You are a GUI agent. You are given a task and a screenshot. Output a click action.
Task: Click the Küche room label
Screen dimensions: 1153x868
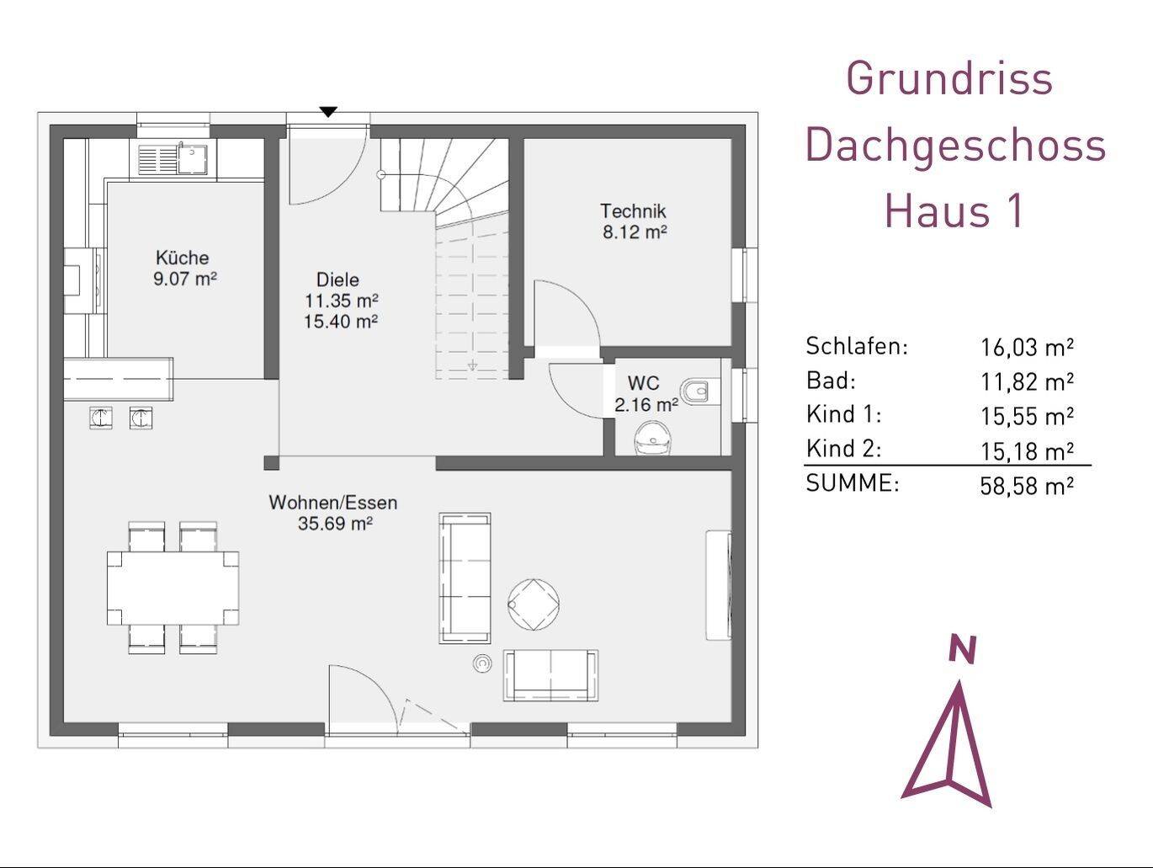coord(183,258)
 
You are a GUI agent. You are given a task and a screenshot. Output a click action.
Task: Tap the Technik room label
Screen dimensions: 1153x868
coord(633,210)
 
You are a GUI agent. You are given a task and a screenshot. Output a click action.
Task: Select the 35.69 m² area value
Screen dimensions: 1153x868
coord(335,524)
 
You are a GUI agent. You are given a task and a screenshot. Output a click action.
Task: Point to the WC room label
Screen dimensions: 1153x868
coord(643,383)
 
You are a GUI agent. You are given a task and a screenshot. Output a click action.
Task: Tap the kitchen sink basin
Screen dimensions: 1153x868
coord(192,159)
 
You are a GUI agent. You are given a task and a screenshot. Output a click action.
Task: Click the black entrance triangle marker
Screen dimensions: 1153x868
coord(328,112)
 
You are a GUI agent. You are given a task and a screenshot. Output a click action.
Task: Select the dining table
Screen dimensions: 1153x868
coord(173,588)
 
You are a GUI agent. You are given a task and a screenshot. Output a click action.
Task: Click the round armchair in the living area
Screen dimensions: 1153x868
coord(534,604)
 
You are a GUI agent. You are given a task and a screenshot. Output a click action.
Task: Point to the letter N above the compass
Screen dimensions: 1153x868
coord(962,649)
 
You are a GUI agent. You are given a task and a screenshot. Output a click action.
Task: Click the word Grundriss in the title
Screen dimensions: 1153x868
coord(949,79)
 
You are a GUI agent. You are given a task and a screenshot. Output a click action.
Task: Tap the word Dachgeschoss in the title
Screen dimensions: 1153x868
coord(955,146)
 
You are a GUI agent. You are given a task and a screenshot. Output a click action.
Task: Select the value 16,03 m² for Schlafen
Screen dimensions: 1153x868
coord(1027,348)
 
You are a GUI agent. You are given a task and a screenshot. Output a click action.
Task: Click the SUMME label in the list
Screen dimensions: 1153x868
coord(853,483)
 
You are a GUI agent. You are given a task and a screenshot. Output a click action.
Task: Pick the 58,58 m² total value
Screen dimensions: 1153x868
coord(1027,486)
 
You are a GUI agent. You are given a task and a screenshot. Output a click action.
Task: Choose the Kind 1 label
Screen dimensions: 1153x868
coord(843,414)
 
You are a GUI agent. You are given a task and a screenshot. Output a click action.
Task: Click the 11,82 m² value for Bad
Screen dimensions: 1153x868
coord(1027,382)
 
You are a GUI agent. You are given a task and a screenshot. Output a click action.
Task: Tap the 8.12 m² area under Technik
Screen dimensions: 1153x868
coord(635,232)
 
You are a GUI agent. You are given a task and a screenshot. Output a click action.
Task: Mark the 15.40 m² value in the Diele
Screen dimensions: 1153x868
coord(341,321)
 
